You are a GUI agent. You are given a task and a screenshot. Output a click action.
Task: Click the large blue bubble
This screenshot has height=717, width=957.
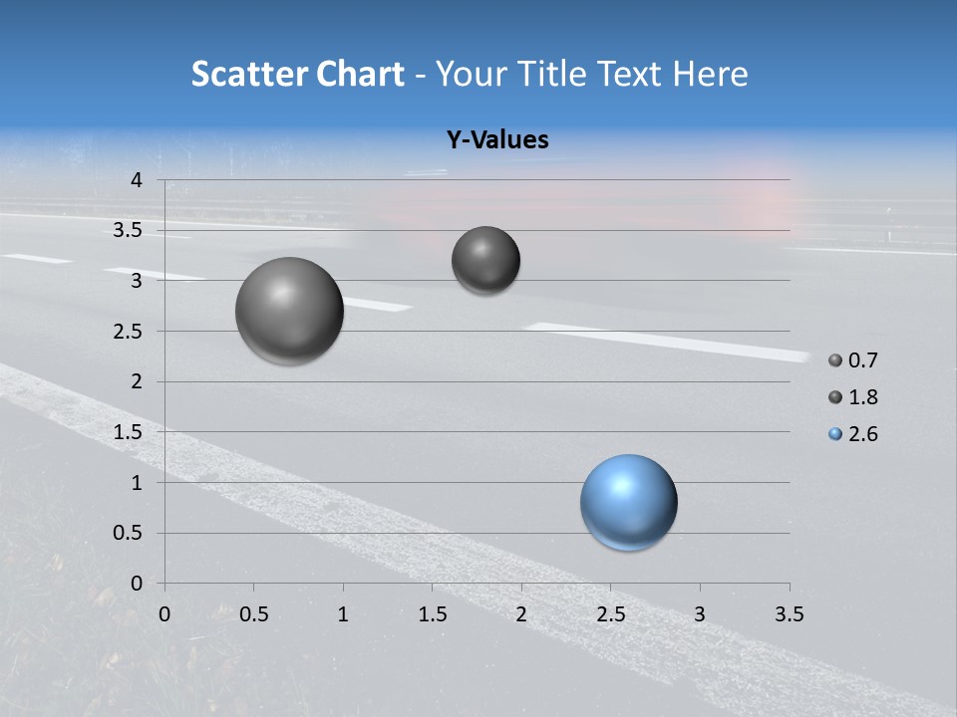point(629,502)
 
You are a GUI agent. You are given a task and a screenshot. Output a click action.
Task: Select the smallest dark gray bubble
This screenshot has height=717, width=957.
point(485,260)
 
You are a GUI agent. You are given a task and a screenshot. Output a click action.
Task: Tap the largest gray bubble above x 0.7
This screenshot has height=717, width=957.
point(290,311)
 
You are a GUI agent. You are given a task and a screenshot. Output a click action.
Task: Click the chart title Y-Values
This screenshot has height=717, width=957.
point(496,140)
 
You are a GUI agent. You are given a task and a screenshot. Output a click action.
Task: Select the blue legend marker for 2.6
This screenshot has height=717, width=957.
point(835,434)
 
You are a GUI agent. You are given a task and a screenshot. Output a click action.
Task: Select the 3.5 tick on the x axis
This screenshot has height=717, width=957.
point(789,614)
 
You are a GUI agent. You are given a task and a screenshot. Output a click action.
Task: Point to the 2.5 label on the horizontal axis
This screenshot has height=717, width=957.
point(610,614)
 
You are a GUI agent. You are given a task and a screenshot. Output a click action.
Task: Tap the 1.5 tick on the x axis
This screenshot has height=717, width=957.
point(432,614)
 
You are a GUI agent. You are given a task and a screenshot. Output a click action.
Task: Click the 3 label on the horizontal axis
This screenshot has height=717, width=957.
point(700,614)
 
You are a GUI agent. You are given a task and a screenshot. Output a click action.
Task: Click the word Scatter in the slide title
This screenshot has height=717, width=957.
point(246,74)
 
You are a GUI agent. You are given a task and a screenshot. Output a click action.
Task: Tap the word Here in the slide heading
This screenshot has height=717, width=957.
point(710,74)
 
